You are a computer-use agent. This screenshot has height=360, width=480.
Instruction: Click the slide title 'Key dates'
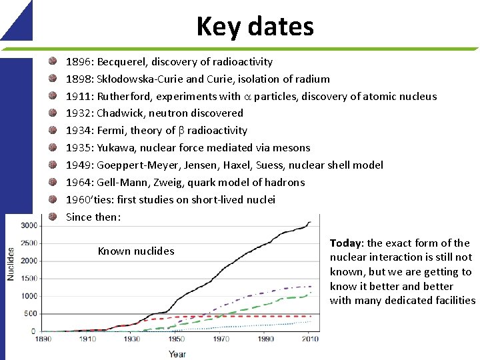[x=255, y=27]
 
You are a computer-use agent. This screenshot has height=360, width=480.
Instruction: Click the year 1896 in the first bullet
[x=79, y=62]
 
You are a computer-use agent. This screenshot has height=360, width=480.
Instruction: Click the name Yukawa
[x=117, y=148]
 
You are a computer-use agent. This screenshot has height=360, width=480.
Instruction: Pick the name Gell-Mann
[x=121, y=183]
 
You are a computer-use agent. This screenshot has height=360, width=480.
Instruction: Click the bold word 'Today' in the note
[x=345, y=243]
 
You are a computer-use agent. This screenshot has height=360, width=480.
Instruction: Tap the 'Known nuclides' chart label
[x=136, y=251]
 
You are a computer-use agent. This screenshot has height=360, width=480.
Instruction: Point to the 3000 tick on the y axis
[x=29, y=225]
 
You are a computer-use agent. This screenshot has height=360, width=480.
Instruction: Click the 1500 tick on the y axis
[x=29, y=279]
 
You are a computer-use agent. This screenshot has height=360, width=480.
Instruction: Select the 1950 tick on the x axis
[x=176, y=339]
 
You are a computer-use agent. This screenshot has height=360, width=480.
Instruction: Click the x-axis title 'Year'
[x=177, y=353]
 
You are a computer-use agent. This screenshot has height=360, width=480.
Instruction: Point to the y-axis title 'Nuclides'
[x=11, y=264]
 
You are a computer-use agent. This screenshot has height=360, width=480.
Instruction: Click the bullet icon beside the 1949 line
[x=53, y=165]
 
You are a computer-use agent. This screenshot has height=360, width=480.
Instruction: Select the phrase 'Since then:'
[x=93, y=217]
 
